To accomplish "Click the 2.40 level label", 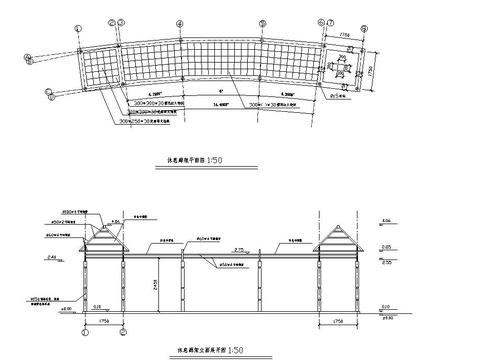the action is tap(52, 256).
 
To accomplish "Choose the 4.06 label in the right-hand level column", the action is tap(387, 219).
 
